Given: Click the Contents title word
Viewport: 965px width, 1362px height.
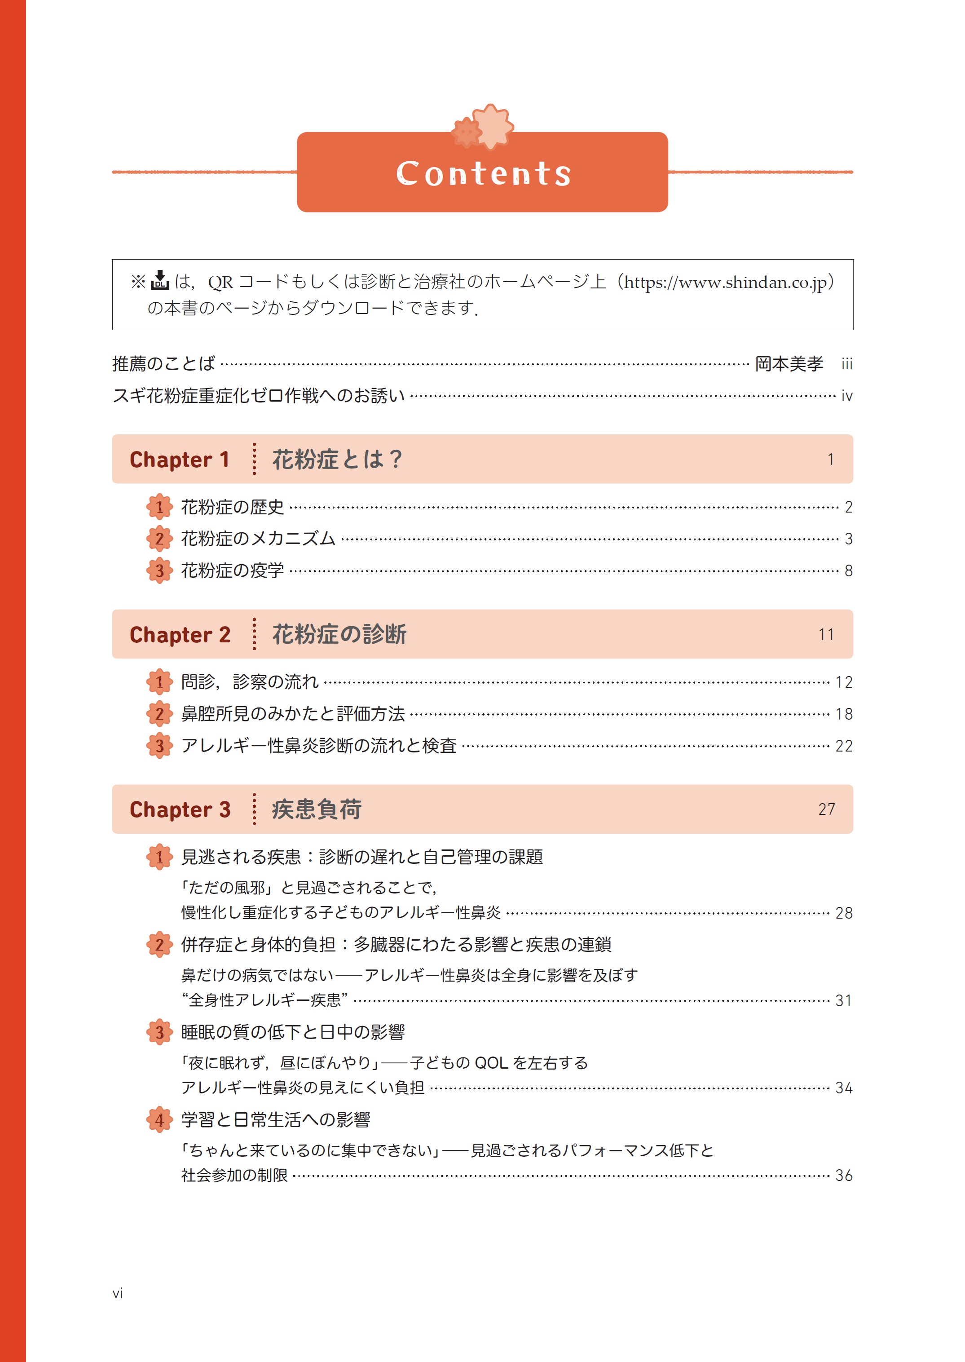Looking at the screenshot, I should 483,173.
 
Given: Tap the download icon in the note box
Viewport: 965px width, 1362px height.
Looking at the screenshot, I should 160,281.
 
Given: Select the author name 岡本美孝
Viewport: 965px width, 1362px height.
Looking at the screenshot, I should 789,364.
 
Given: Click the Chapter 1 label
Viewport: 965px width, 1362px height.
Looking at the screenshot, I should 180,460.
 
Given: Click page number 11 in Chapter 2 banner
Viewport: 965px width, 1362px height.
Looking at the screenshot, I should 826,635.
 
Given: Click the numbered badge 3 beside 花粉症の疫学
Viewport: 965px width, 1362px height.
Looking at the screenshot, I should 159,571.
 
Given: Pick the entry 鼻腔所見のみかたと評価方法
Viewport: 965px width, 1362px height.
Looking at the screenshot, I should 293,714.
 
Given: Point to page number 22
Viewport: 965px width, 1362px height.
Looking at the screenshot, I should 844,746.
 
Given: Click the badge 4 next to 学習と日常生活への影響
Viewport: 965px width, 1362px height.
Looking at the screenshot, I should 159,1120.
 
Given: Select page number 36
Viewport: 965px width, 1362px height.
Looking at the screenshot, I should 844,1175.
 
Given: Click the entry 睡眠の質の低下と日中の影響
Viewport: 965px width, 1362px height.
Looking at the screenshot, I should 293,1032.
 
